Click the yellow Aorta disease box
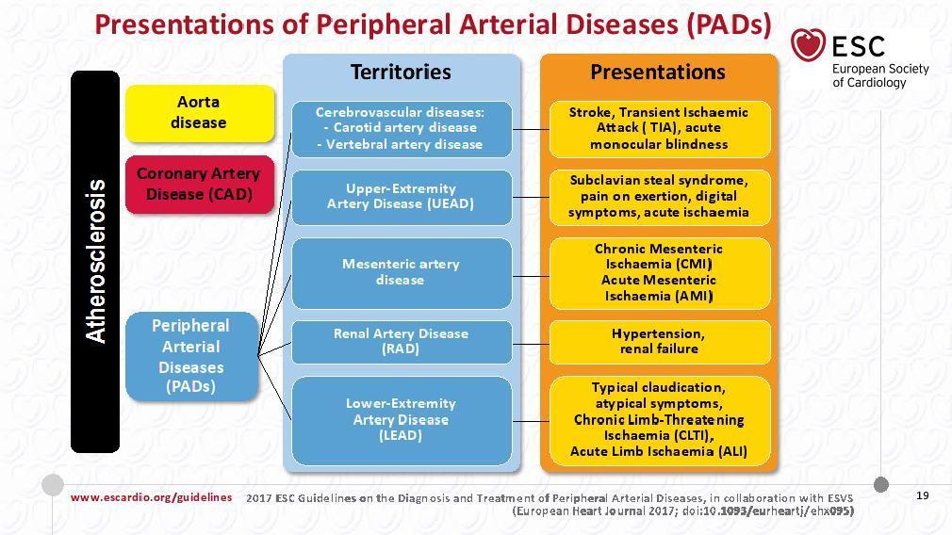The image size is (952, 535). point(200,113)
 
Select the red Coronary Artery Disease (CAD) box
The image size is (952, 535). point(200,185)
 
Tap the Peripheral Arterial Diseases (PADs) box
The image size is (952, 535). point(192,356)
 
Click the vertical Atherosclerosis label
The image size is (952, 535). point(95,262)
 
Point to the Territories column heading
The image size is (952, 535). point(401,73)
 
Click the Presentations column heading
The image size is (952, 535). point(658,73)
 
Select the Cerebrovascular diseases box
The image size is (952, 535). point(402,129)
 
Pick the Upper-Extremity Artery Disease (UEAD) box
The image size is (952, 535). point(402,197)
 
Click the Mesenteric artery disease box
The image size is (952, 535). point(402,273)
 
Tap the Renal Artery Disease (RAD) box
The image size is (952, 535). point(402,342)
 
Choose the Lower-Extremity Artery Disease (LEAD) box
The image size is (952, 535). point(402,421)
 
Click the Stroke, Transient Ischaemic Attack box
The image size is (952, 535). point(660,129)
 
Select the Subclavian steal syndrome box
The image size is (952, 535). point(660,197)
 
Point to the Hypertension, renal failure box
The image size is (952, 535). point(660,342)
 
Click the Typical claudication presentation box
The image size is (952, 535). point(660,421)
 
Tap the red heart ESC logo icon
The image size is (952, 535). point(808,45)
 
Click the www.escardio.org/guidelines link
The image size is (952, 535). point(151,497)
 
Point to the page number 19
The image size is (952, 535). point(922,495)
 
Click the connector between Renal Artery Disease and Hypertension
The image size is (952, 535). point(531,344)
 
